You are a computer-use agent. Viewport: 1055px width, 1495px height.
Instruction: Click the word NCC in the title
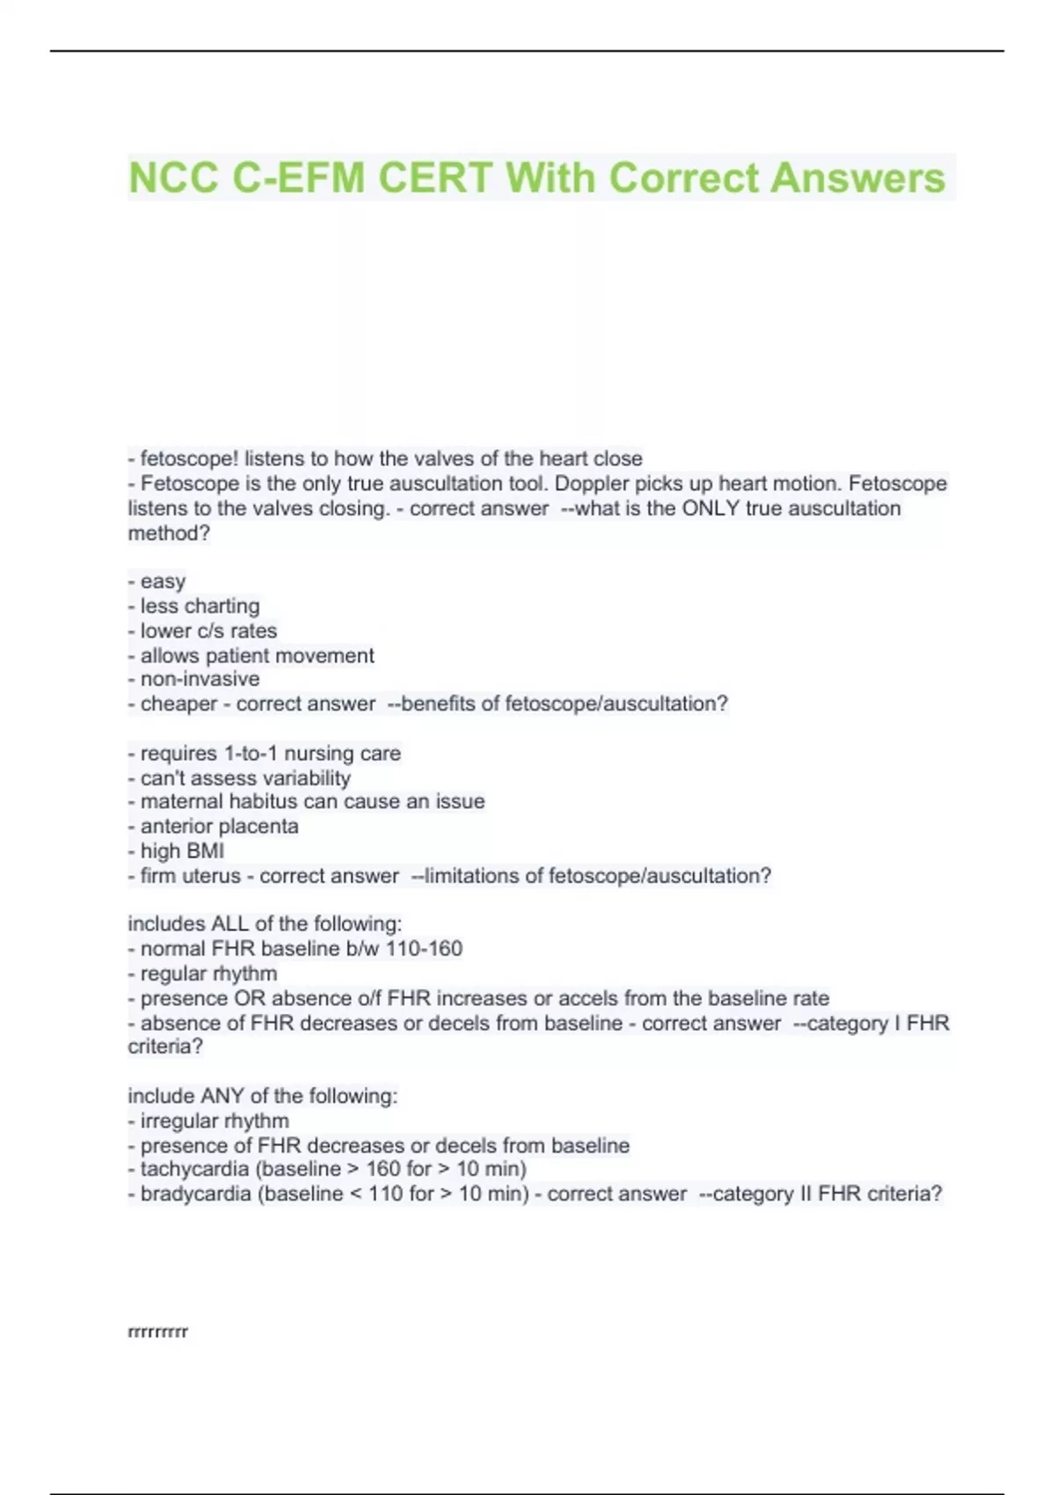click(x=173, y=178)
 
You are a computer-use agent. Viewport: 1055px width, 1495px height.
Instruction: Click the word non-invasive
click(x=200, y=679)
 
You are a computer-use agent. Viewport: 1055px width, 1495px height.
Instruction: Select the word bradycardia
click(x=195, y=1193)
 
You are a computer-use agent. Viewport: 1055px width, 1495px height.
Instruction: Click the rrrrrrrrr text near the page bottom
click(x=158, y=1331)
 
